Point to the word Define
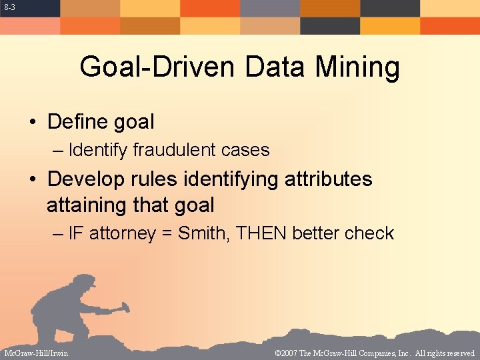(79, 122)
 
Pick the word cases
(247, 150)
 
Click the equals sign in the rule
(166, 234)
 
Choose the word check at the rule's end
(372, 233)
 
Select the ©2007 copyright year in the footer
(288, 353)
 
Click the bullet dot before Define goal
(31, 123)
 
